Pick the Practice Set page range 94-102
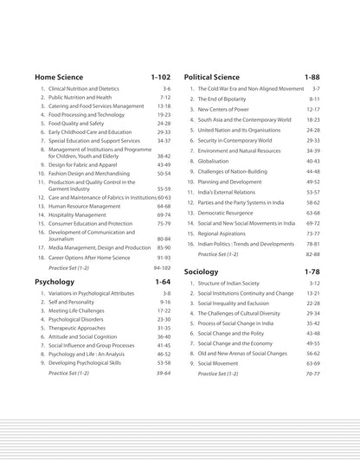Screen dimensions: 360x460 (163, 268)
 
